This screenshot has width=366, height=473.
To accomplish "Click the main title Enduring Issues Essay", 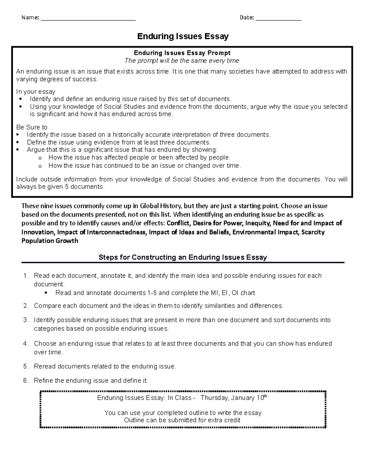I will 183,37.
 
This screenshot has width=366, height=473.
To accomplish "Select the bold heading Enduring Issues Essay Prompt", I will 182,53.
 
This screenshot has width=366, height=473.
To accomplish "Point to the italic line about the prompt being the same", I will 182,61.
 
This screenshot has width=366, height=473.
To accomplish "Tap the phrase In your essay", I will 36,92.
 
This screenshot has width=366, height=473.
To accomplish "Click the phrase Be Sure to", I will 32,127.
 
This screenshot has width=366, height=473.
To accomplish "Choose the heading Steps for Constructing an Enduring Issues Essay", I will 183,257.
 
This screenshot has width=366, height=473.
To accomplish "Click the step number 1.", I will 25,276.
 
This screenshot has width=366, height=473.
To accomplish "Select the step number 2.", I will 25,306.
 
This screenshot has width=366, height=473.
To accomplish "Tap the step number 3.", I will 25,320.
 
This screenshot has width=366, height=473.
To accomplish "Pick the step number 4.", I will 25,344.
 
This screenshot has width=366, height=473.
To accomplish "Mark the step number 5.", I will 25,366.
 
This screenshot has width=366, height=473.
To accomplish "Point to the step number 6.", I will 25,381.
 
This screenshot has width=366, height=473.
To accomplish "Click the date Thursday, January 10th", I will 234,398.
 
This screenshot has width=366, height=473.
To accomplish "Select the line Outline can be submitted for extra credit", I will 182,420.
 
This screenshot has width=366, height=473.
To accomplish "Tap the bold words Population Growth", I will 50,241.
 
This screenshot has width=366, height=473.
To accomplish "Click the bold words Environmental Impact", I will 266,232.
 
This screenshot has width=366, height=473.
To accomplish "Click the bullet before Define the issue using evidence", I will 19,143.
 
